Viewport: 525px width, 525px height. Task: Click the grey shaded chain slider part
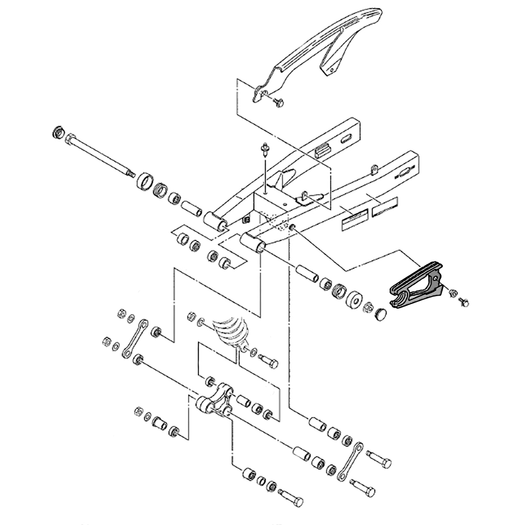[415, 286]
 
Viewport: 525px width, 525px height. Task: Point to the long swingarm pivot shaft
[100, 155]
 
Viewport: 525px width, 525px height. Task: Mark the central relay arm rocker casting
[215, 402]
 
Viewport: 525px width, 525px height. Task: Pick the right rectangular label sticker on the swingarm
[385, 208]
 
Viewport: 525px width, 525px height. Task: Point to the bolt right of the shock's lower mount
[269, 361]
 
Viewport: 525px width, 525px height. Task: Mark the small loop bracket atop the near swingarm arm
[373, 169]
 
